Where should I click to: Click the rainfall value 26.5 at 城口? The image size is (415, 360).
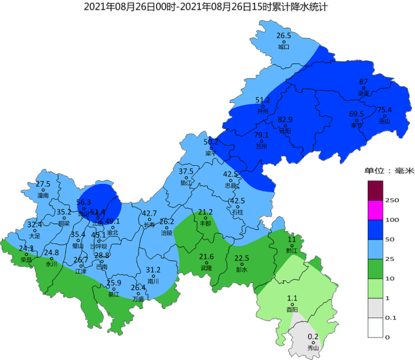click(x=284, y=36)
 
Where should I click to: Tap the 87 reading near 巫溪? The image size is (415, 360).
click(x=363, y=82)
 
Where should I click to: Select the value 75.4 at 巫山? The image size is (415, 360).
click(x=385, y=109)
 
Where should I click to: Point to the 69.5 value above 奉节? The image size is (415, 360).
click(x=357, y=114)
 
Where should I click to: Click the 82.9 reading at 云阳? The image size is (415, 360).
click(x=285, y=120)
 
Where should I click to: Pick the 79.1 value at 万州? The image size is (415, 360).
click(x=262, y=135)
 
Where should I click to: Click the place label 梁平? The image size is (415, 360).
click(x=210, y=153)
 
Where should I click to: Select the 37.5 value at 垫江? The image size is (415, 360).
click(x=186, y=171)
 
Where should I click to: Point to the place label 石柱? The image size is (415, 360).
click(x=237, y=212)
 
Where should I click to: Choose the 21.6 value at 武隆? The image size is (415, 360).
click(x=206, y=257)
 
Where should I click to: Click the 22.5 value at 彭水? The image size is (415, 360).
click(x=241, y=258)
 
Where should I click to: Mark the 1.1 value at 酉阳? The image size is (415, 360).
click(x=292, y=298)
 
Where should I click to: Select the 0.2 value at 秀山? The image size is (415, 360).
click(x=313, y=336)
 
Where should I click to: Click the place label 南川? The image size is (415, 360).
click(x=153, y=282)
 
